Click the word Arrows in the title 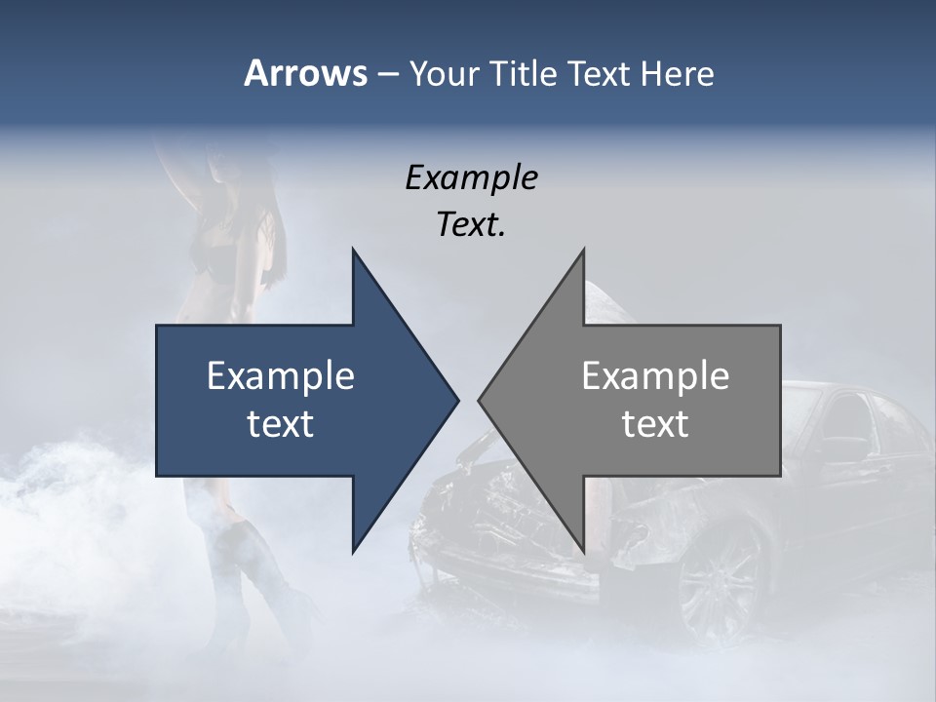pos(304,73)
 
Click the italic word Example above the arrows pos(472,177)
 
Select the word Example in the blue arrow pos(281,375)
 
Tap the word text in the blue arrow pos(281,424)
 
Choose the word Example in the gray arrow pos(655,375)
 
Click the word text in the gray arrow pos(655,424)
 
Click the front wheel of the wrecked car pos(721,575)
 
